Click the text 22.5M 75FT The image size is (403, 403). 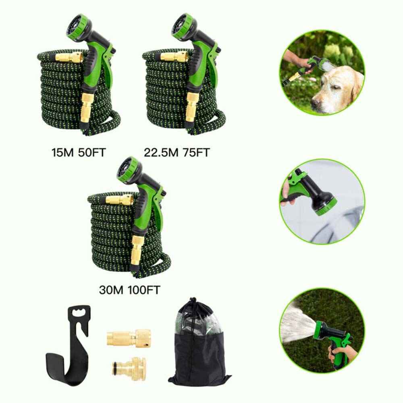point(177,153)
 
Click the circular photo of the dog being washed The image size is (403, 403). point(322,73)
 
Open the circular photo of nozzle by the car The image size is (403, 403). point(322,201)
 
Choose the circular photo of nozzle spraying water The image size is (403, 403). point(322,330)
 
